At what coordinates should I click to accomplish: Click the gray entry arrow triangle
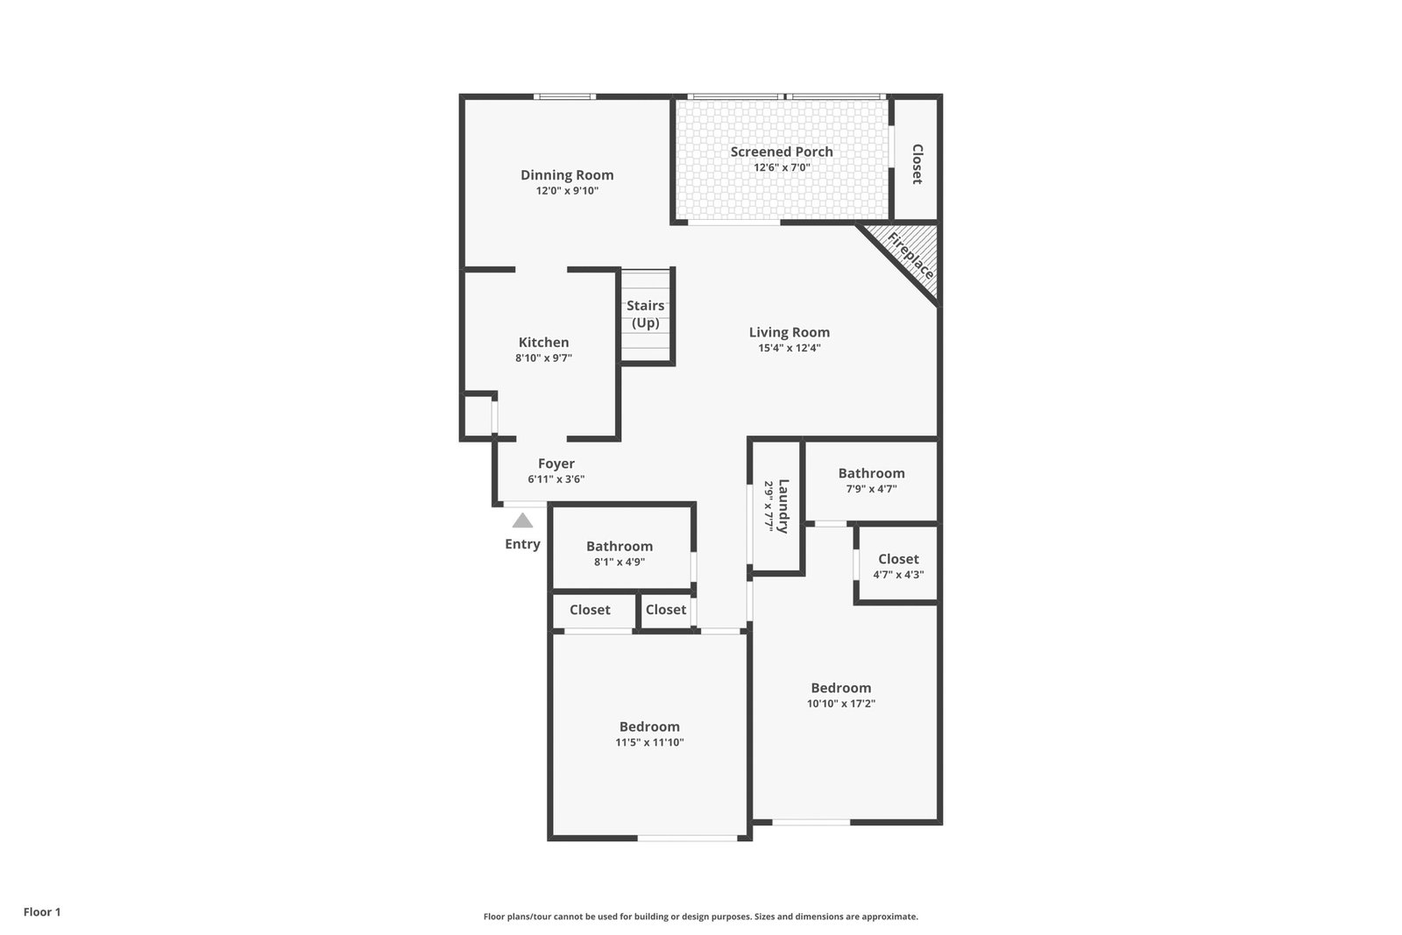click(x=522, y=521)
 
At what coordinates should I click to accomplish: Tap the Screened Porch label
click(x=782, y=152)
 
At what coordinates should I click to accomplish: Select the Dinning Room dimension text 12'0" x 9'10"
click(x=567, y=191)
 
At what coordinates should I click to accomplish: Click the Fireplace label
click(x=910, y=256)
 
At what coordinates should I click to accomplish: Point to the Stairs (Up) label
click(x=645, y=315)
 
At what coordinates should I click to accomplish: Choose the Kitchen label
click(x=544, y=343)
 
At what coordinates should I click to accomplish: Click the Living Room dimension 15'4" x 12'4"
click(x=790, y=348)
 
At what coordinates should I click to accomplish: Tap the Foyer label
click(x=556, y=464)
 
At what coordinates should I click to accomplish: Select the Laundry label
click(x=783, y=506)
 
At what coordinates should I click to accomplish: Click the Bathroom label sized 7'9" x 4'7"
click(x=871, y=473)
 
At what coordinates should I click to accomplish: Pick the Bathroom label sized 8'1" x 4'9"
click(x=620, y=546)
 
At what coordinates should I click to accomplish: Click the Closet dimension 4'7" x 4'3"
click(x=899, y=575)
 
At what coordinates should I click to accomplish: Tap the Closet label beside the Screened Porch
click(x=917, y=164)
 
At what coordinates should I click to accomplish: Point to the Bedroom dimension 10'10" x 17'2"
click(x=841, y=704)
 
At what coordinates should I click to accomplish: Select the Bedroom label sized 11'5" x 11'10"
click(x=649, y=726)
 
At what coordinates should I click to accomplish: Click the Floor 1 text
click(x=42, y=912)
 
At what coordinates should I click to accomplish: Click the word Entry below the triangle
click(x=522, y=544)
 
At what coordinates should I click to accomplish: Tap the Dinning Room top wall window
click(x=564, y=96)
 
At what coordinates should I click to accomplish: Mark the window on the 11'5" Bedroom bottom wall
click(x=688, y=838)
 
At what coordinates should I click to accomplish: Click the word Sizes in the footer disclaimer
click(x=766, y=917)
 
